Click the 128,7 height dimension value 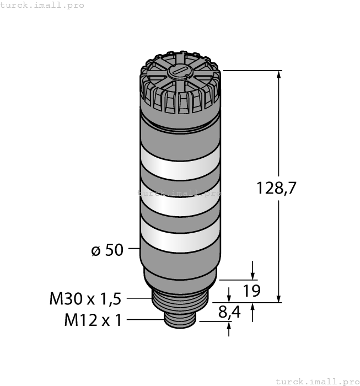tap(276, 188)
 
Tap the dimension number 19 tap(251, 291)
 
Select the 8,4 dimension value tap(229, 312)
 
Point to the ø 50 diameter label tap(107, 250)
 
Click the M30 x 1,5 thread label tap(85, 299)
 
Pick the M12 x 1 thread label tap(93, 320)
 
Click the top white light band tap(180, 163)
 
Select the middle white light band tap(180, 200)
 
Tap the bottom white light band tap(180, 236)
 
